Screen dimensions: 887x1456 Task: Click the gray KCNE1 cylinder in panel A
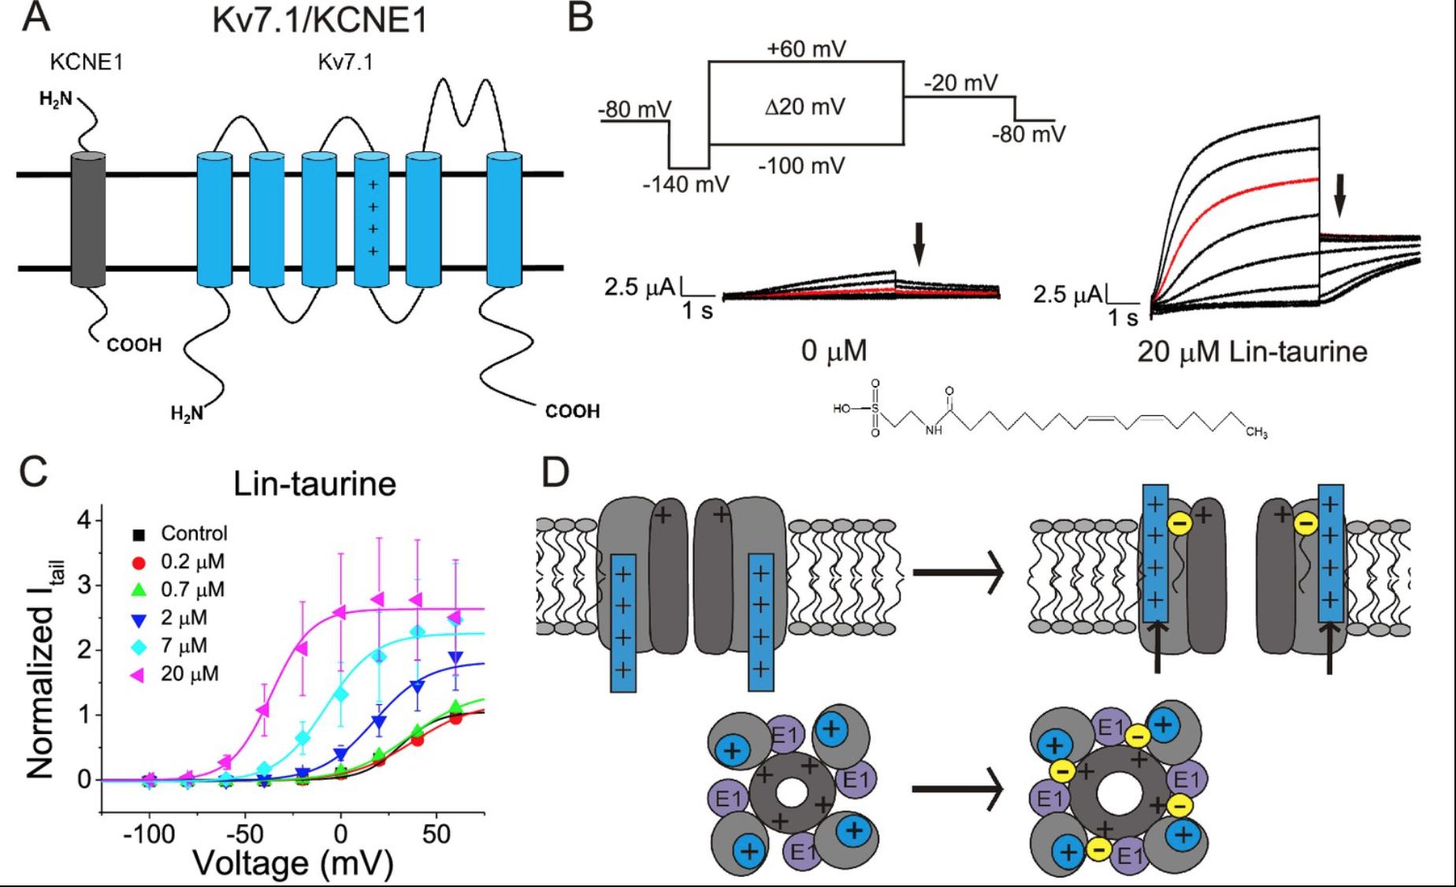tap(87, 220)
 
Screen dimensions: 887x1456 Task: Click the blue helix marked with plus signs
tap(372, 220)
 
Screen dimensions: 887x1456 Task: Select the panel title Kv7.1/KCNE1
tap(319, 20)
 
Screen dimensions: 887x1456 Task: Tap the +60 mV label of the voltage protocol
tap(806, 49)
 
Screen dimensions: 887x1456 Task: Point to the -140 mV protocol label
tap(685, 184)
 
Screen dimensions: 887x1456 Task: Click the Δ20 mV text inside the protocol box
tap(804, 106)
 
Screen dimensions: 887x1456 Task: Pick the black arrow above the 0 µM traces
tap(918, 243)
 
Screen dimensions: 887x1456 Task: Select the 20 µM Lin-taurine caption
tap(1252, 351)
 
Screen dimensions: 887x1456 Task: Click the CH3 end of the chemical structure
tap(1256, 432)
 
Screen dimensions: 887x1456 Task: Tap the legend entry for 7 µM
tap(183, 646)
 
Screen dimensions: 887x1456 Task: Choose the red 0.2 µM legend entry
tap(191, 562)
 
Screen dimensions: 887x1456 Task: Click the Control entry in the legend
tap(193, 533)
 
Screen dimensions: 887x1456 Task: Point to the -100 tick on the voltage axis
tap(149, 833)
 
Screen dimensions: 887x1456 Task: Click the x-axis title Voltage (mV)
tap(293, 863)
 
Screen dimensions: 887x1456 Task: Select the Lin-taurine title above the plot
tap(314, 484)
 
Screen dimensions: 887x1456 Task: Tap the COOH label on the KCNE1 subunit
tap(134, 345)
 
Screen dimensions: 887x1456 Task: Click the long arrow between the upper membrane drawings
tap(957, 573)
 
